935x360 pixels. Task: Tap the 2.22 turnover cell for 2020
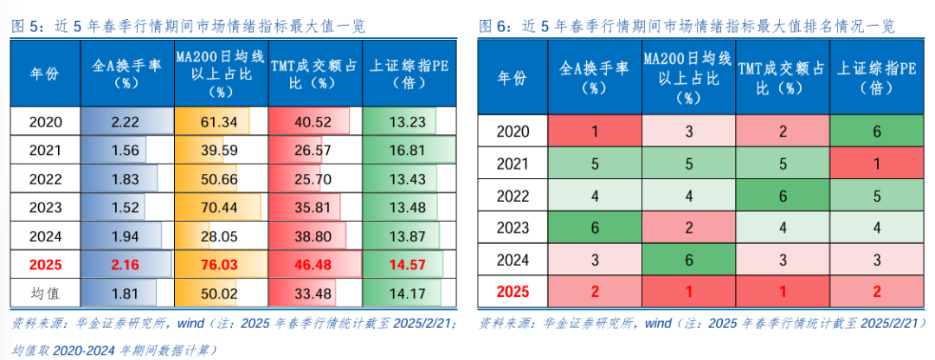(126, 122)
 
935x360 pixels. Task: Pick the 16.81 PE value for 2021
(407, 150)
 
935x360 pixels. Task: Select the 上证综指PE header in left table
(407, 74)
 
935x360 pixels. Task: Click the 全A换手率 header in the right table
(595, 76)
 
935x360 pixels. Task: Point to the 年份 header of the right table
(512, 77)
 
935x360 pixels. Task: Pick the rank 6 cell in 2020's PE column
(876, 132)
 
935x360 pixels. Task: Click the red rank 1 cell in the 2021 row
(876, 164)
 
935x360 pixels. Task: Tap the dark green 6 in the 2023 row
(595, 228)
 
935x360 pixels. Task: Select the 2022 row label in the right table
(512, 196)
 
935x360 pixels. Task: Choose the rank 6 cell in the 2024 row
(688, 260)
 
